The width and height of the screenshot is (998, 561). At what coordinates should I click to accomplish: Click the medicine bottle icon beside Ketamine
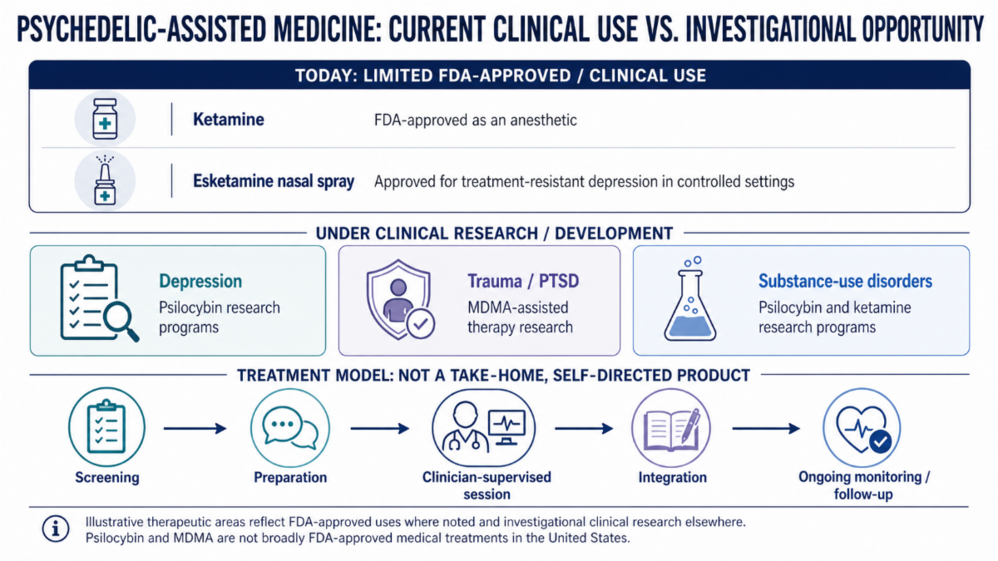105,119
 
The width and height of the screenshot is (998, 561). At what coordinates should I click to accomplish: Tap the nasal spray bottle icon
105,181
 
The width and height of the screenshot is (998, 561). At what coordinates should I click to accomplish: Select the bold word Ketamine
228,120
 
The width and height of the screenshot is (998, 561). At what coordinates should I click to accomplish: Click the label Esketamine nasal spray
273,181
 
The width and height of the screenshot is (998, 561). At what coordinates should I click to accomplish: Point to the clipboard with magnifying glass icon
99,298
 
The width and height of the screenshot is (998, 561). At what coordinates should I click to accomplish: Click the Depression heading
200,281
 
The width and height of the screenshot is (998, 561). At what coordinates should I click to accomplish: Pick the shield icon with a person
400,300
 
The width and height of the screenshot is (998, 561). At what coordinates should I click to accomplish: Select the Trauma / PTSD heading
523,281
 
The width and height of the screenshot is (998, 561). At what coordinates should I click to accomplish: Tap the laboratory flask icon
690,298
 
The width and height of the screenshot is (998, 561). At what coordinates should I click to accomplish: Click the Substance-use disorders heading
845,281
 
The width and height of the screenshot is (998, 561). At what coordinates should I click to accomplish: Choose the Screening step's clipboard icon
106,427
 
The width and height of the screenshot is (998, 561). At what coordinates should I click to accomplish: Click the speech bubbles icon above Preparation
290,428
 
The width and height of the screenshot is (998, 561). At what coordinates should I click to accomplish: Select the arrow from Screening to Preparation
195,428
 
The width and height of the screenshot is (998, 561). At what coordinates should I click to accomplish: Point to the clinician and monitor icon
483,428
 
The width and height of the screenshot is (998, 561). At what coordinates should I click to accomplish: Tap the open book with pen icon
671,428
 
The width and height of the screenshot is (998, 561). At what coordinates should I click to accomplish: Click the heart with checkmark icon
862,428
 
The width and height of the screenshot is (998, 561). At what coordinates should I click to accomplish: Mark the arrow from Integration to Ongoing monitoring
766,428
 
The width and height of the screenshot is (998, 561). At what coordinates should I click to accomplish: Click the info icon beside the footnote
56,529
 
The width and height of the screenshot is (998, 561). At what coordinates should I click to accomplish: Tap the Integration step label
672,477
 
